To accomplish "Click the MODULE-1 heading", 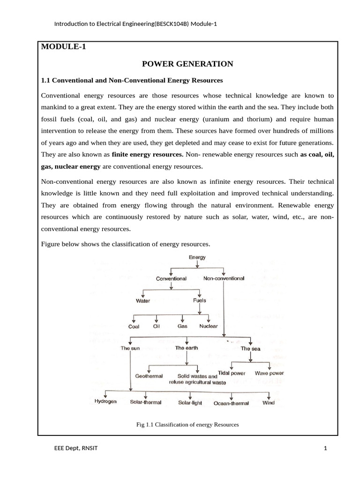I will [64, 46].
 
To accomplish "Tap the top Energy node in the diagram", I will [197, 257].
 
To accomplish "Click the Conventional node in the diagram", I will [171, 278].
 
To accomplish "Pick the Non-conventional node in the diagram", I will [224, 278].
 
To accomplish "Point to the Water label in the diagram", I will [143, 301].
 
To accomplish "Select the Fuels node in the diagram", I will [199, 300].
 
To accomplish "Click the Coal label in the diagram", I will [134, 327].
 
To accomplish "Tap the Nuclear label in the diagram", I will [208, 326].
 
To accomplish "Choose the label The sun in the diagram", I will [130, 348].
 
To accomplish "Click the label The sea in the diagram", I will [251, 349].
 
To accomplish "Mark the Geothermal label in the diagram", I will [149, 376].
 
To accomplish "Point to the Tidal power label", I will [232, 374].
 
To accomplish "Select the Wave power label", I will [269, 374].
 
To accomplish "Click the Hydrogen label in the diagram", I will [105, 402].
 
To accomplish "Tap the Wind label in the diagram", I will [269, 402].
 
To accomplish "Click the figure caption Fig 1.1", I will [187, 425].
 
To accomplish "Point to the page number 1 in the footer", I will [325, 449].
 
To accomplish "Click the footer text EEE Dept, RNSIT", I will [76, 449].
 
